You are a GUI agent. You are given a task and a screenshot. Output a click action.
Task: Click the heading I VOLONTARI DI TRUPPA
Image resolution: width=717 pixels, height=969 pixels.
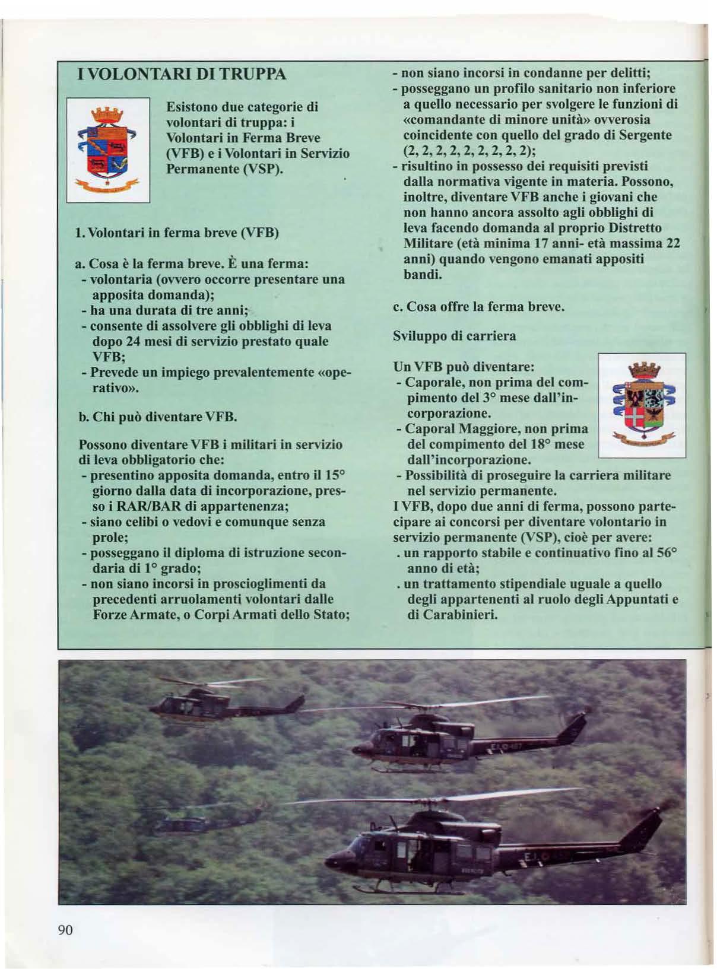[x=182, y=75]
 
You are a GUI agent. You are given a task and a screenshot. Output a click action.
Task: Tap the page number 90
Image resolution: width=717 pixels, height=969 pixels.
[x=65, y=929]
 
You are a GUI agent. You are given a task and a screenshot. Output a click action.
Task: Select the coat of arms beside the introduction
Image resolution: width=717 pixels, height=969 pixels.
[x=108, y=150]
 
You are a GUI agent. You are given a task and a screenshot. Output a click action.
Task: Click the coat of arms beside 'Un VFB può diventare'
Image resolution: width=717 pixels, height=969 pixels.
[x=642, y=405]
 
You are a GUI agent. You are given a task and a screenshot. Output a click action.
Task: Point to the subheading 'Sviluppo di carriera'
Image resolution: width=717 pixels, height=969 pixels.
[x=454, y=336]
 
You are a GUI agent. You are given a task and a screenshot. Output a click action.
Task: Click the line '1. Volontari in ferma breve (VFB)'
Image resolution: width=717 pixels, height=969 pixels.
[x=177, y=232]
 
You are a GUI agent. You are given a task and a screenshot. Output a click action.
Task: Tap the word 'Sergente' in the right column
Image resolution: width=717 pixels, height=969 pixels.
[x=645, y=135]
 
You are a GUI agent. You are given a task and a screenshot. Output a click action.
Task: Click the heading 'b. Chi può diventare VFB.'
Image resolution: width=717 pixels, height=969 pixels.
[x=158, y=417]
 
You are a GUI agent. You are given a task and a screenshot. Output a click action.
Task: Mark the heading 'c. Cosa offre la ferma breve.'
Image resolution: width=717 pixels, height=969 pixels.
[x=478, y=307]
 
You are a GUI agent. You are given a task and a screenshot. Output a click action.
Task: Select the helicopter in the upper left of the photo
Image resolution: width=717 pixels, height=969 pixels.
[x=229, y=704]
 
